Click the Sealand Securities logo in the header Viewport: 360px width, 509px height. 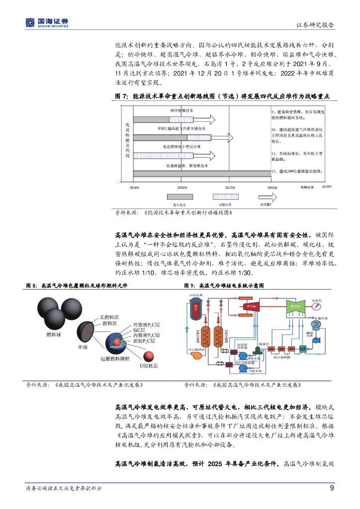pyautogui.click(x=47, y=22)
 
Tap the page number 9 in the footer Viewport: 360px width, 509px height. pyautogui.click(x=332, y=488)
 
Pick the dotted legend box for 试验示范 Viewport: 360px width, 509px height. pyautogui.click(x=226, y=197)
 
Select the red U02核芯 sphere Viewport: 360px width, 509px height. pyautogui.click(x=148, y=357)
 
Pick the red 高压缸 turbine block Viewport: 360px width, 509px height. pyautogui.click(x=247, y=307)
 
